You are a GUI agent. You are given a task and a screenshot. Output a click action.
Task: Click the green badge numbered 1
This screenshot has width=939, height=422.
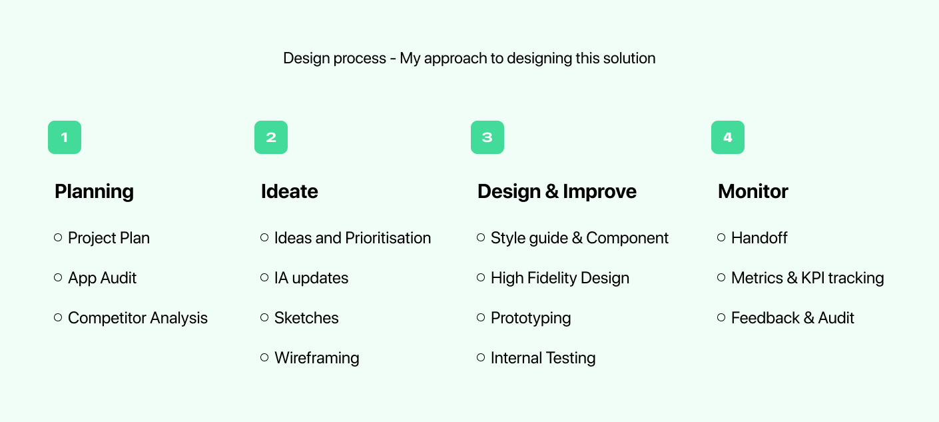click(x=65, y=137)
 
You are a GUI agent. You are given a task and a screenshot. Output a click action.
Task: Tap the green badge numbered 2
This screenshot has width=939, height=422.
click(x=271, y=137)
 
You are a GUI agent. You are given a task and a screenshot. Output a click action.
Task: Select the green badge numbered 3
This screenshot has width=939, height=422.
click(x=487, y=137)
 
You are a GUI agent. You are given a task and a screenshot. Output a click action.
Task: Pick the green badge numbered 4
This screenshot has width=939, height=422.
click(x=728, y=137)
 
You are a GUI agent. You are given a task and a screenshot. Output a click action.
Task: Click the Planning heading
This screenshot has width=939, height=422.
click(x=94, y=192)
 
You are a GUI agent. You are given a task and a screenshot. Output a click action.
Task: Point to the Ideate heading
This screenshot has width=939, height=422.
click(x=289, y=192)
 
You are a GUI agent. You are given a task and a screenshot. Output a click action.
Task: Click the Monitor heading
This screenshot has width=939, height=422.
click(x=753, y=192)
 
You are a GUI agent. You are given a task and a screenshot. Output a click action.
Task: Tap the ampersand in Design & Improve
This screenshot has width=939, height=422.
click(x=551, y=192)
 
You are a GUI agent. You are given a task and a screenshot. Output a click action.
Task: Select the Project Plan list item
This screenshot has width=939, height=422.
click(x=109, y=238)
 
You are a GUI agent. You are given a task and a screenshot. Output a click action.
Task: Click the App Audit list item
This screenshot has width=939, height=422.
click(x=102, y=278)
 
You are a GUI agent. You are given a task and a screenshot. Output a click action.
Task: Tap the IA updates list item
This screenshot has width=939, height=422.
click(x=311, y=278)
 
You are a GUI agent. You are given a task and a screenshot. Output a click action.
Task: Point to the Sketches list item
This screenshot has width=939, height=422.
click(x=306, y=318)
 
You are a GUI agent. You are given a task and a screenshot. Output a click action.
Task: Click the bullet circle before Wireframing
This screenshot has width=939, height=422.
click(x=264, y=357)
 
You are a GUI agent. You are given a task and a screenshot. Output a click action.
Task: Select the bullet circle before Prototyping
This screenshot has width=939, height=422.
click(x=481, y=317)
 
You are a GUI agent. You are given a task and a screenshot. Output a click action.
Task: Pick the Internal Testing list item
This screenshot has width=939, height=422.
click(x=543, y=358)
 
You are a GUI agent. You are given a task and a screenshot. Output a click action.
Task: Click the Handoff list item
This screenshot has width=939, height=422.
click(x=759, y=238)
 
